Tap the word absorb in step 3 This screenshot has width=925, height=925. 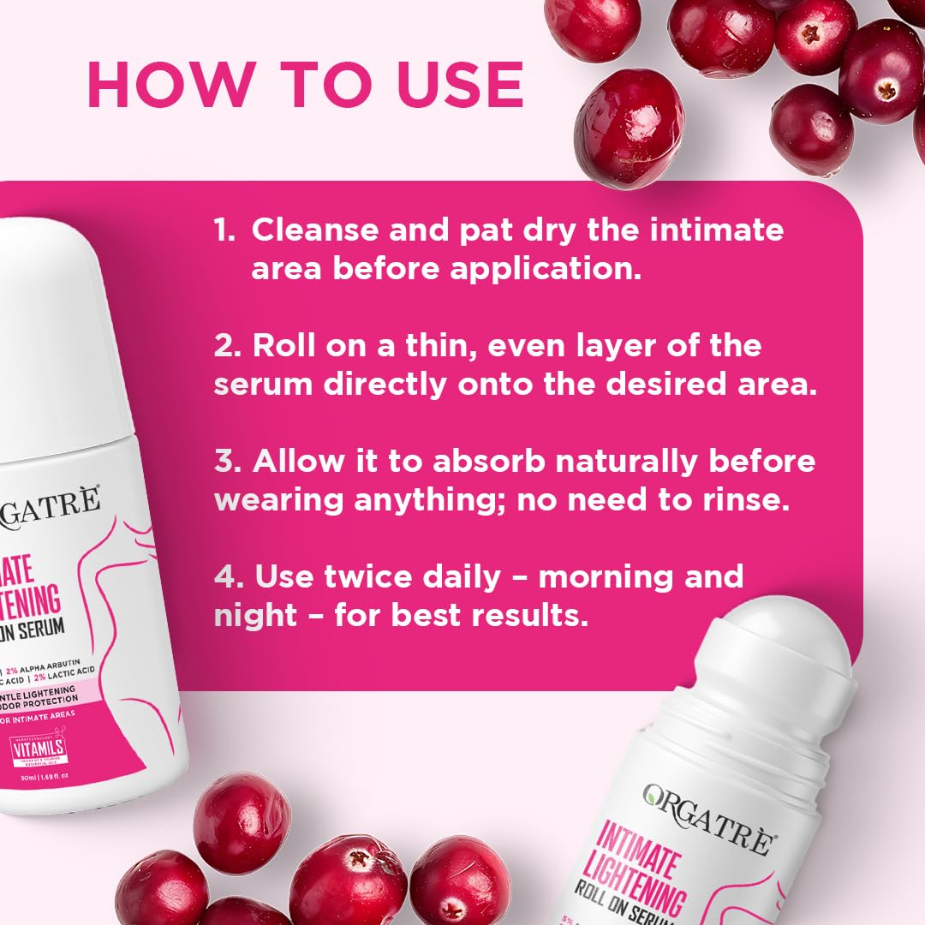tap(488, 461)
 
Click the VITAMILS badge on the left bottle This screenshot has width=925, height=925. tap(35, 746)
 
